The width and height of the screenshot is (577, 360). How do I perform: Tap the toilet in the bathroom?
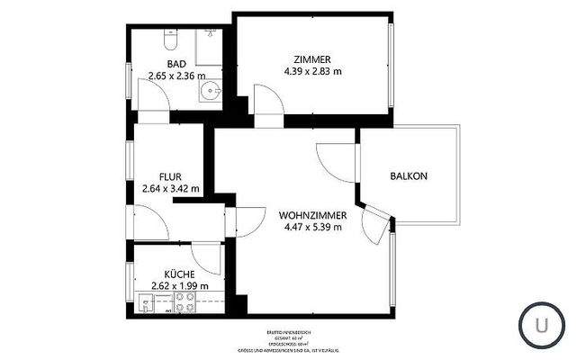pos(168,40)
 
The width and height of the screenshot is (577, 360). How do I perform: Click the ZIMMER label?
pos(312,58)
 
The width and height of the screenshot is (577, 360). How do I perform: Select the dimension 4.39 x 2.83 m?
pos(312,71)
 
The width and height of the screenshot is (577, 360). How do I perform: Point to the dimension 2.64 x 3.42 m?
pos(171,189)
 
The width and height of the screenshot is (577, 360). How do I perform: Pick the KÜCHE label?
pos(179,274)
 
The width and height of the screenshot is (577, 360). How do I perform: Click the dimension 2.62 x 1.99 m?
pos(179,286)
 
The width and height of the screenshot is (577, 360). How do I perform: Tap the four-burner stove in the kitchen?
pos(185,306)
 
